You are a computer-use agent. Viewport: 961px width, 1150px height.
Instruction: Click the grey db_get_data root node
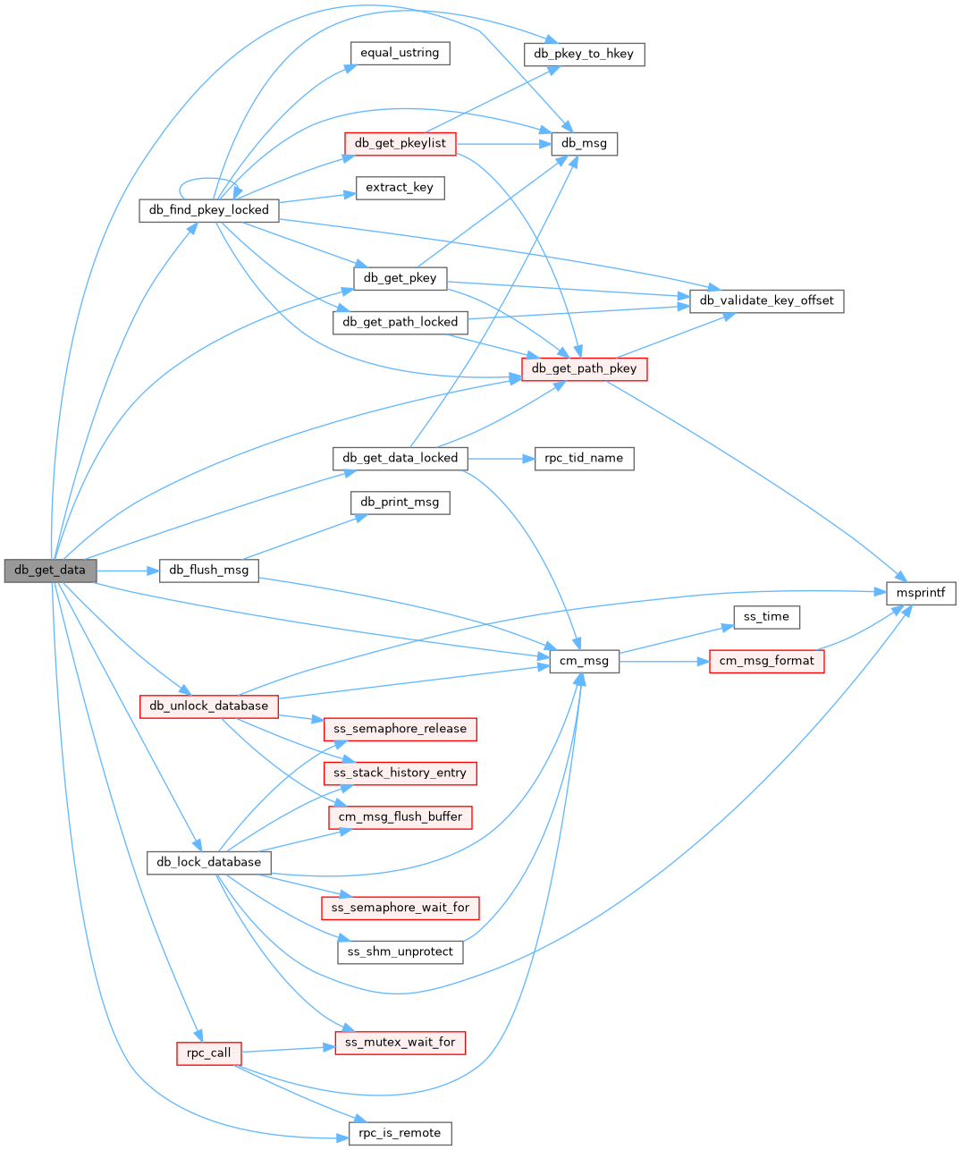50,571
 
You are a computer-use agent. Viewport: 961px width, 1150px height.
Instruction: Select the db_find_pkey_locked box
208,210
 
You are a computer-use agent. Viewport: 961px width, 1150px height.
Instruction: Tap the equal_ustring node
400,53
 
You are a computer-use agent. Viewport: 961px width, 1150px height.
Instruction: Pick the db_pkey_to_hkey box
583,54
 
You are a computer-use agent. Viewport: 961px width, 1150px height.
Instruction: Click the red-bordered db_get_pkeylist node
400,143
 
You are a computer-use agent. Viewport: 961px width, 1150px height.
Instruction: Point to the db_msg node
584,143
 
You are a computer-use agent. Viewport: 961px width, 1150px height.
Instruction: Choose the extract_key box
400,188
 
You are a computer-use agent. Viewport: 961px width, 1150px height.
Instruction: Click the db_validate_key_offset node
766,300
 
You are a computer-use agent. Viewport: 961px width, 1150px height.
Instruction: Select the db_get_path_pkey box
584,368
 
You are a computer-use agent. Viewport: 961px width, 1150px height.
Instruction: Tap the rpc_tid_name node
584,458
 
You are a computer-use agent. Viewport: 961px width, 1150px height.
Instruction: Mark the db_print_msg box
400,503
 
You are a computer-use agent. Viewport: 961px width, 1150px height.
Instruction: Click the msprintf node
921,593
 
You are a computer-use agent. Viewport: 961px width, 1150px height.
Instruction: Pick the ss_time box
766,617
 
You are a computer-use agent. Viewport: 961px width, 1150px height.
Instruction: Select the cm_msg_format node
766,661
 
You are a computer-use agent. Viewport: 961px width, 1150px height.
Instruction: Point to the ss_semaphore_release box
400,729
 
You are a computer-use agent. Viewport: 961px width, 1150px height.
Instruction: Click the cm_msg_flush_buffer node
400,817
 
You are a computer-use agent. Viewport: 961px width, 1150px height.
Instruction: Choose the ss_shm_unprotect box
400,951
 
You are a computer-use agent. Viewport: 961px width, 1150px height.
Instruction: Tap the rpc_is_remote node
400,1133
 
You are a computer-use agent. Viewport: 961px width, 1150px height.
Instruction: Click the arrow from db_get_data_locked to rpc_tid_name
501,458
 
